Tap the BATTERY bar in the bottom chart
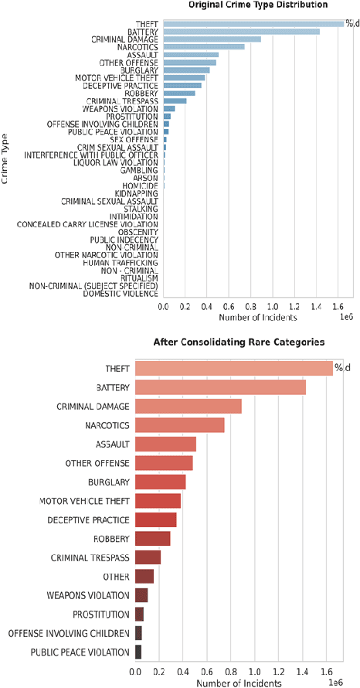point(221,387)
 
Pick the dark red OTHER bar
point(144,576)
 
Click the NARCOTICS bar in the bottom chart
point(180,425)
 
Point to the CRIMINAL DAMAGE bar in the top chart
point(212,39)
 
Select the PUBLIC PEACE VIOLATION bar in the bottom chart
point(138,652)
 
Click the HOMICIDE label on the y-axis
point(145,186)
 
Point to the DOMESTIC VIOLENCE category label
point(121,294)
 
